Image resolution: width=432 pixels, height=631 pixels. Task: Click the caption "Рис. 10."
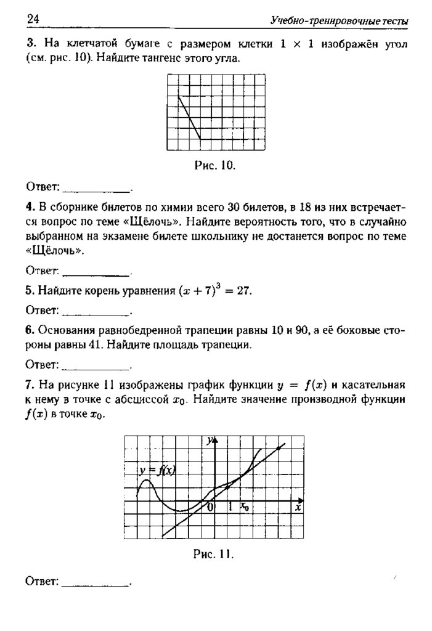[x=215, y=166]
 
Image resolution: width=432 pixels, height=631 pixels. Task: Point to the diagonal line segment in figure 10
[x=189, y=117]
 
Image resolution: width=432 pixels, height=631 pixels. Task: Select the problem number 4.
[x=29, y=205]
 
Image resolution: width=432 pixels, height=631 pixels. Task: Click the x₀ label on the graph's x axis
[x=245, y=507]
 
